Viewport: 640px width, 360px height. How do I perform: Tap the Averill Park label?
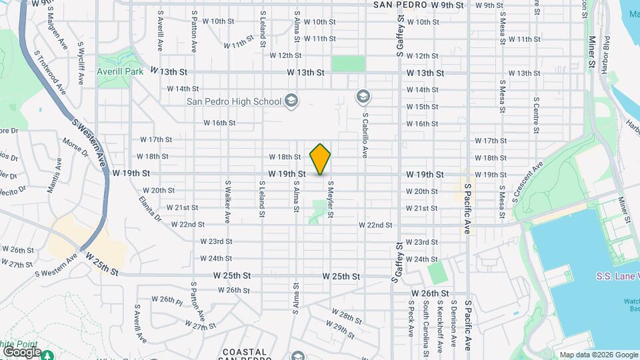pyautogui.click(x=120, y=71)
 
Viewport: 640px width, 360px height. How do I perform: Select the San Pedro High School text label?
pyautogui.click(x=233, y=101)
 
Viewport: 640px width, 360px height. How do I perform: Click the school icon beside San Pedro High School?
pyautogui.click(x=291, y=101)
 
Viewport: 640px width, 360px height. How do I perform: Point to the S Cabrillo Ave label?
pyautogui.click(x=365, y=134)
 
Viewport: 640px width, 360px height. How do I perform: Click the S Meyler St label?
pyautogui.click(x=330, y=197)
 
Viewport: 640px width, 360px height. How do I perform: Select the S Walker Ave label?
pyautogui.click(x=227, y=201)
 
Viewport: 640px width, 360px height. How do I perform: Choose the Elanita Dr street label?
pyautogui.click(x=151, y=208)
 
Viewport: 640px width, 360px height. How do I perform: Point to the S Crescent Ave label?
pyautogui.click(x=528, y=181)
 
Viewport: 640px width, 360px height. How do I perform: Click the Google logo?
pyautogui.click(x=21, y=351)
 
